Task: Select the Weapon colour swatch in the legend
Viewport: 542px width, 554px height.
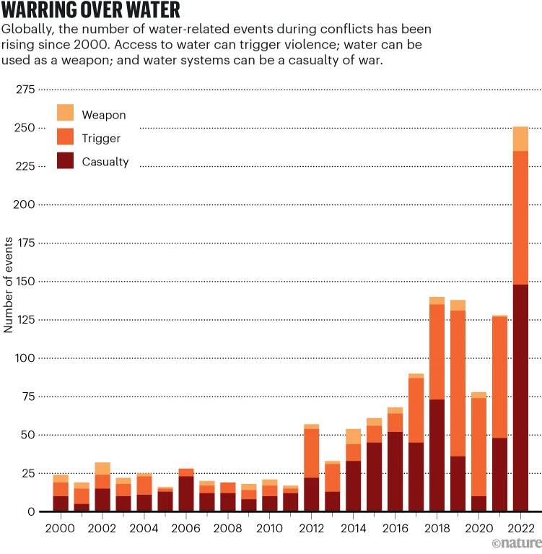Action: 66,113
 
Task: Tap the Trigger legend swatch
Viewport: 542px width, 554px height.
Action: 66,137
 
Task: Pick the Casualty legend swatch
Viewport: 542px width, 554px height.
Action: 66,161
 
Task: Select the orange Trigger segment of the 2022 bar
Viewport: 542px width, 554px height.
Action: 520,217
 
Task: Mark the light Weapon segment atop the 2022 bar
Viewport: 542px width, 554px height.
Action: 520,139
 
